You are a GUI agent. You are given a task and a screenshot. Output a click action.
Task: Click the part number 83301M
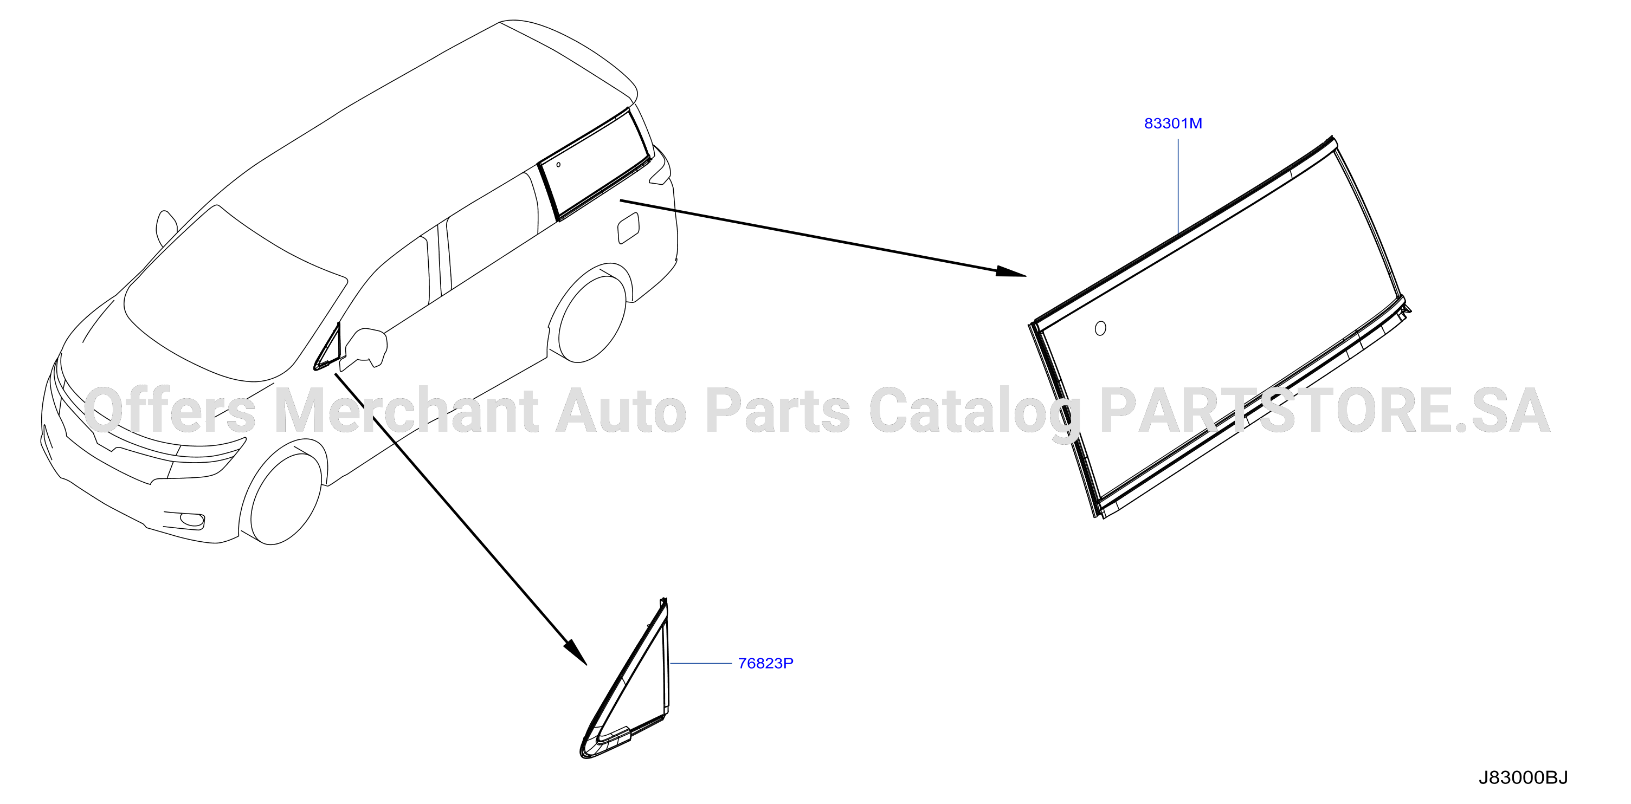pyautogui.click(x=1172, y=124)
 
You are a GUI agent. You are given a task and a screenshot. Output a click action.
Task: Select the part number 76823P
pyautogui.click(x=765, y=664)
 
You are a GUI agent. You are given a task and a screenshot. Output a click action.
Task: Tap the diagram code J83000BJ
pyautogui.click(x=1523, y=778)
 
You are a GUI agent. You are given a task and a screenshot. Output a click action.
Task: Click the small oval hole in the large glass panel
pyautogui.click(x=1100, y=328)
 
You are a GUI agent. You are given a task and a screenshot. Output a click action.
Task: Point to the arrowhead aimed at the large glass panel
pyautogui.click(x=1010, y=271)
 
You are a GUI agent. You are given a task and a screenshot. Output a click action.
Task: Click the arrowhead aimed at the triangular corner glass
pyautogui.click(x=576, y=652)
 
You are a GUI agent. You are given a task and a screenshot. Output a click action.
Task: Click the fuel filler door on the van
pyautogui.click(x=628, y=228)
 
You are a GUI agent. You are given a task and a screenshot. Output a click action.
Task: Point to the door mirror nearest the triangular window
pyautogui.click(x=365, y=348)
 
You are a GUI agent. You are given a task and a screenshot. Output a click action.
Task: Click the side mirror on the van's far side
pyautogui.click(x=166, y=228)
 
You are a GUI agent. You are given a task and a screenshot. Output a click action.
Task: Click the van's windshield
pyautogui.click(x=234, y=291)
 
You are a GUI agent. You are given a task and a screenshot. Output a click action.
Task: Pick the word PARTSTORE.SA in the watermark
pyautogui.click(x=1325, y=412)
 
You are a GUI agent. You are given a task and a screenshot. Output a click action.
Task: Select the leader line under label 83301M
pyautogui.click(x=1178, y=187)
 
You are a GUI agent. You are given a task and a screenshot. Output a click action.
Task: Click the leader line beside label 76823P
pyautogui.click(x=700, y=664)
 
